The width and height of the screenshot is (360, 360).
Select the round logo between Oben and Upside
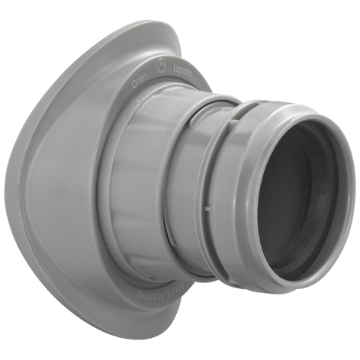point(161,67)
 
